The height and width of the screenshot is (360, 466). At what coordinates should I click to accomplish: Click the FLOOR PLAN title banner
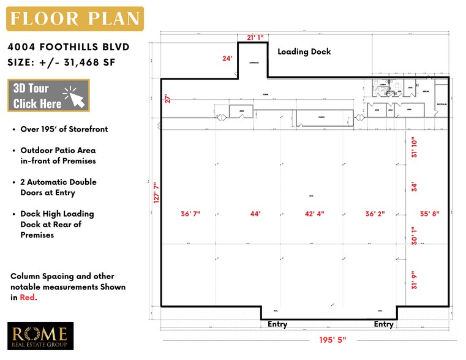tap(75, 18)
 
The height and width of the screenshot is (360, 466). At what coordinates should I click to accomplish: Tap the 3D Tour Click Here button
tap(48, 96)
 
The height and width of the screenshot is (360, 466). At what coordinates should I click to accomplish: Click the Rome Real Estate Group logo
tap(40, 336)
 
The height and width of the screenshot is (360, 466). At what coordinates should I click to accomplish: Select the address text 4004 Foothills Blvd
tap(69, 47)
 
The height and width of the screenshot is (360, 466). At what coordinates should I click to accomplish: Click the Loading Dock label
tap(304, 51)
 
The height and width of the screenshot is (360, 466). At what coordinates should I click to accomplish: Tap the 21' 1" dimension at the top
tap(255, 38)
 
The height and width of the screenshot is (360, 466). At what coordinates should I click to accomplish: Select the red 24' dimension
tap(227, 59)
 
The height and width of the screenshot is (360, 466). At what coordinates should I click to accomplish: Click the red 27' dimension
tap(166, 99)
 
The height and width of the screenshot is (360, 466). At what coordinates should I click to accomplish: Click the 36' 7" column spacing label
tap(190, 214)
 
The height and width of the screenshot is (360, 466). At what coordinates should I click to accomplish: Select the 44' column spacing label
tap(255, 214)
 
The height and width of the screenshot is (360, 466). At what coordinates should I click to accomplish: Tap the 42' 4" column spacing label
tap(314, 214)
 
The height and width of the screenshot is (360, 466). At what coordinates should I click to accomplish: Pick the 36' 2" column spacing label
tap(375, 214)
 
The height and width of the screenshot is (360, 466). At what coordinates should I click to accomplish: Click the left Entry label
tap(277, 324)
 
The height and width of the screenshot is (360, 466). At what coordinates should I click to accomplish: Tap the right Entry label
tap(384, 324)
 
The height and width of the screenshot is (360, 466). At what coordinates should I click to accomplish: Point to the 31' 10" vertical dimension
tap(415, 147)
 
